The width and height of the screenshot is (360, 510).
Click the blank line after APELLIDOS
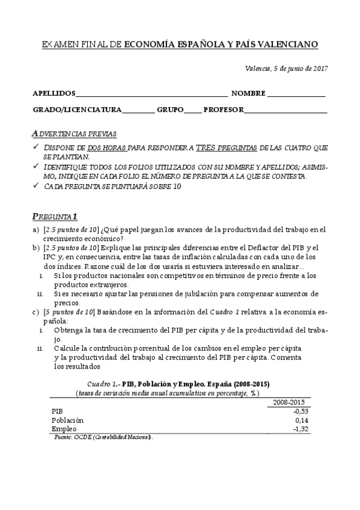pos(151,95)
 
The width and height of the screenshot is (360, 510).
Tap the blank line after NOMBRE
pos(296,95)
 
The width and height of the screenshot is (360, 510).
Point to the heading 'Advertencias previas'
pos(74,134)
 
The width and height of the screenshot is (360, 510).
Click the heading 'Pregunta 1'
pos(54,217)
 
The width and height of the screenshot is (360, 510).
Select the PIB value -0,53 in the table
pos(301,411)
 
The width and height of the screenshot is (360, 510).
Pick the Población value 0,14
pos(302,420)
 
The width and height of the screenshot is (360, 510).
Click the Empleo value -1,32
pos(301,429)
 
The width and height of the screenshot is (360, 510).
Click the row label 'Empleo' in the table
pos(64,429)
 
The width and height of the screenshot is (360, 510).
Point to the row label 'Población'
pos(68,420)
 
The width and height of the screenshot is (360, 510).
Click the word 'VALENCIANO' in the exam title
pos(287,45)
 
